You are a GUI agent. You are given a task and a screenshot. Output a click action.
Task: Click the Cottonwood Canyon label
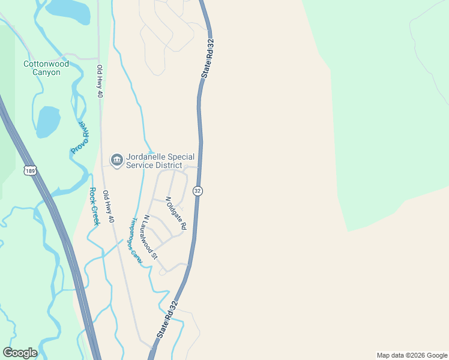(x=46, y=68)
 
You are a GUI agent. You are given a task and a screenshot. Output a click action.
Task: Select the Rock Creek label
(x=94, y=206)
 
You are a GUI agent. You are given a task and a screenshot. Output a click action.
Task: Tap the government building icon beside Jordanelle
(x=116, y=160)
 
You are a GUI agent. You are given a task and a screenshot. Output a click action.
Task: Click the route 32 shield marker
(x=197, y=190)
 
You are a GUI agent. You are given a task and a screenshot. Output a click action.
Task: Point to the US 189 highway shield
(x=30, y=171)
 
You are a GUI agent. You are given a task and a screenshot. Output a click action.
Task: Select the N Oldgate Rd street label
(x=176, y=213)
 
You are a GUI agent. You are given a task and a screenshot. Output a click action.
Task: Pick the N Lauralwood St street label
(x=150, y=237)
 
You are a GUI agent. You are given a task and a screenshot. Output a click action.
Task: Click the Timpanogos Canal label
(x=135, y=240)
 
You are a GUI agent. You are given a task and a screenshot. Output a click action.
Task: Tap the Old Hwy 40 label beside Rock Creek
(x=108, y=207)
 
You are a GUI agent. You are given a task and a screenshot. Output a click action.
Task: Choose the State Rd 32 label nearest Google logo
(x=167, y=319)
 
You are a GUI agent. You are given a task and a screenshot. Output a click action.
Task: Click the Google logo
(x=20, y=353)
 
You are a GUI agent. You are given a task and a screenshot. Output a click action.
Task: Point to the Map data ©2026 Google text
(x=412, y=355)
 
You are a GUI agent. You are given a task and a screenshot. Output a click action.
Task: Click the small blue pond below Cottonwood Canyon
(x=47, y=122)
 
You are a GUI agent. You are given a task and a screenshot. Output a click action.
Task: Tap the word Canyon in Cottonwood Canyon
(x=46, y=73)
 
